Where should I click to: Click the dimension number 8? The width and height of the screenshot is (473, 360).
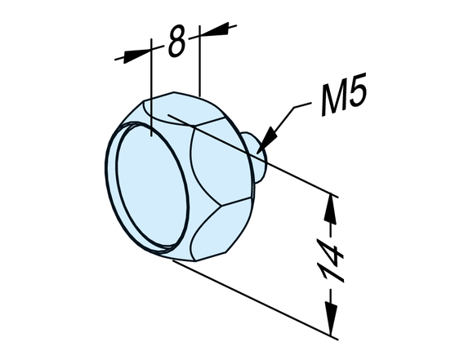[x=176, y=42]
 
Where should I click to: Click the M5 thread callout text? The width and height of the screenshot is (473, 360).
[x=344, y=94]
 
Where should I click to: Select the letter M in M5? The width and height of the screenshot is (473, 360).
[x=334, y=97]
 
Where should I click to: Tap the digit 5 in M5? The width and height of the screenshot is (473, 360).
[x=358, y=90]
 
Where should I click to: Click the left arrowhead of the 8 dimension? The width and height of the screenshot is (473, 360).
[x=136, y=55]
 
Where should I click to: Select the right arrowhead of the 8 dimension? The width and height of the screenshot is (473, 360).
[x=213, y=29]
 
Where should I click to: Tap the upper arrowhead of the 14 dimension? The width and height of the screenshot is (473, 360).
[x=330, y=210]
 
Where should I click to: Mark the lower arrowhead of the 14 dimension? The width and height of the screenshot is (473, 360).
[x=331, y=320]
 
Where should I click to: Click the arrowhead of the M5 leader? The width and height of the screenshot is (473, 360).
[x=266, y=140]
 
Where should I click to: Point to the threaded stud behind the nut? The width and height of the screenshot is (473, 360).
[x=257, y=158]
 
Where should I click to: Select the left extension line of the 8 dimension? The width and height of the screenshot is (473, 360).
[x=152, y=87]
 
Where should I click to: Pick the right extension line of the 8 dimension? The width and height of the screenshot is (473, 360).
[x=199, y=61]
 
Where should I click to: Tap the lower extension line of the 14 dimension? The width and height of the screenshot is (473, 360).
[x=255, y=300]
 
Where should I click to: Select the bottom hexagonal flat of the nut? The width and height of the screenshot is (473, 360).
[x=219, y=231]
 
